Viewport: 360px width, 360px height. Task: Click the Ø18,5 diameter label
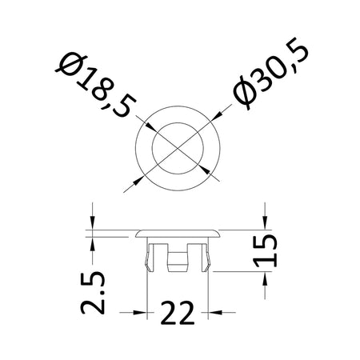tap(95, 86)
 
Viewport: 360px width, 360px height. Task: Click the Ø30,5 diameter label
tap(270, 74)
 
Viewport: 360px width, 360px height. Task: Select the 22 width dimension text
tap(178, 313)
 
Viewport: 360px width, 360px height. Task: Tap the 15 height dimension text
tap(265, 250)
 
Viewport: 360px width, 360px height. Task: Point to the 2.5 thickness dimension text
tap(93, 293)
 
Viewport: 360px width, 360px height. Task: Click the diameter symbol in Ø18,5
tap(71, 65)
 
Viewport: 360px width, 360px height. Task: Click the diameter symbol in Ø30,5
tap(246, 93)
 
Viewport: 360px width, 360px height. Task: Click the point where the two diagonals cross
tap(178, 148)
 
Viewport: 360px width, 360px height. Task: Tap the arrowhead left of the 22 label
tap(140, 312)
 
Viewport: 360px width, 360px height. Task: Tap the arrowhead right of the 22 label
tap(215, 312)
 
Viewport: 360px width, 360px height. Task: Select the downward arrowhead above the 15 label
tap(265, 222)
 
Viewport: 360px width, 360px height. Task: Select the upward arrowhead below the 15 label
tap(265, 278)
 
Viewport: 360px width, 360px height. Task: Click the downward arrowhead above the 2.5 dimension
tap(92, 222)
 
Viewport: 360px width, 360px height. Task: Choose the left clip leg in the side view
tap(150, 258)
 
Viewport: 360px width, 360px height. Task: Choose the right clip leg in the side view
tap(206, 258)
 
